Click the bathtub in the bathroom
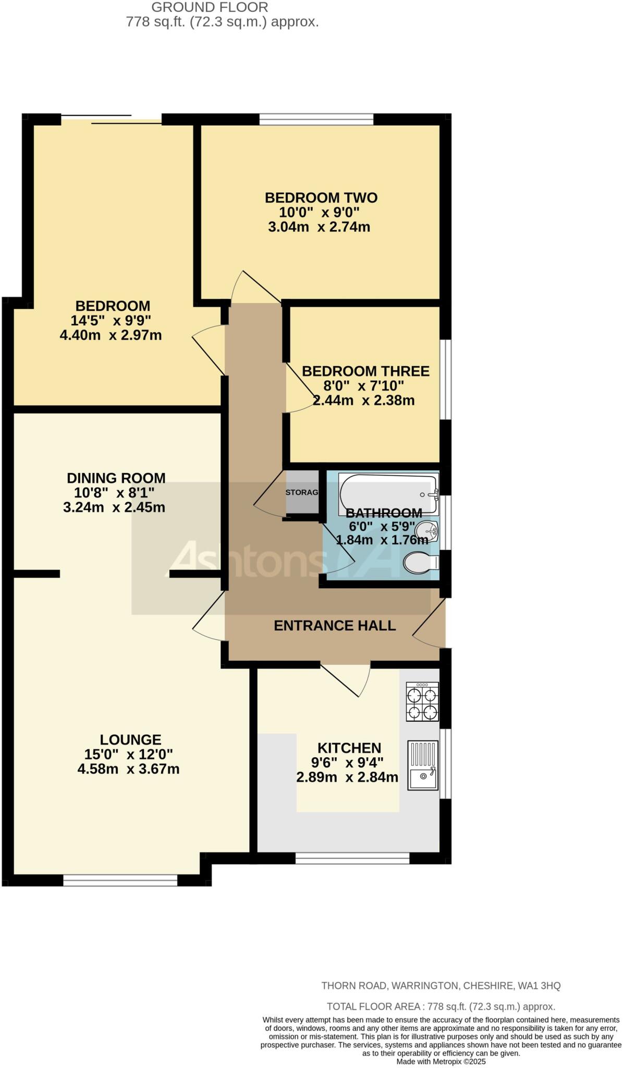tap(387, 493)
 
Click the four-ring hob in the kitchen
tap(422, 702)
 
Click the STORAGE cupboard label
tap(302, 492)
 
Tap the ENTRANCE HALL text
tap(335, 625)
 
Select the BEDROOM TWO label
tap(321, 198)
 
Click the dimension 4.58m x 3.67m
tap(128, 769)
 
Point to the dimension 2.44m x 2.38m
tap(363, 400)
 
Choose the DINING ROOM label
tap(116, 478)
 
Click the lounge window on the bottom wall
tap(120, 880)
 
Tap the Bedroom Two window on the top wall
tap(316, 119)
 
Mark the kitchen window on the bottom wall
tap(352, 858)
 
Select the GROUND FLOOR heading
tap(210, 7)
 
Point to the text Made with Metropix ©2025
tap(441, 1061)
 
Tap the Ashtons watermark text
tap(245, 560)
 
